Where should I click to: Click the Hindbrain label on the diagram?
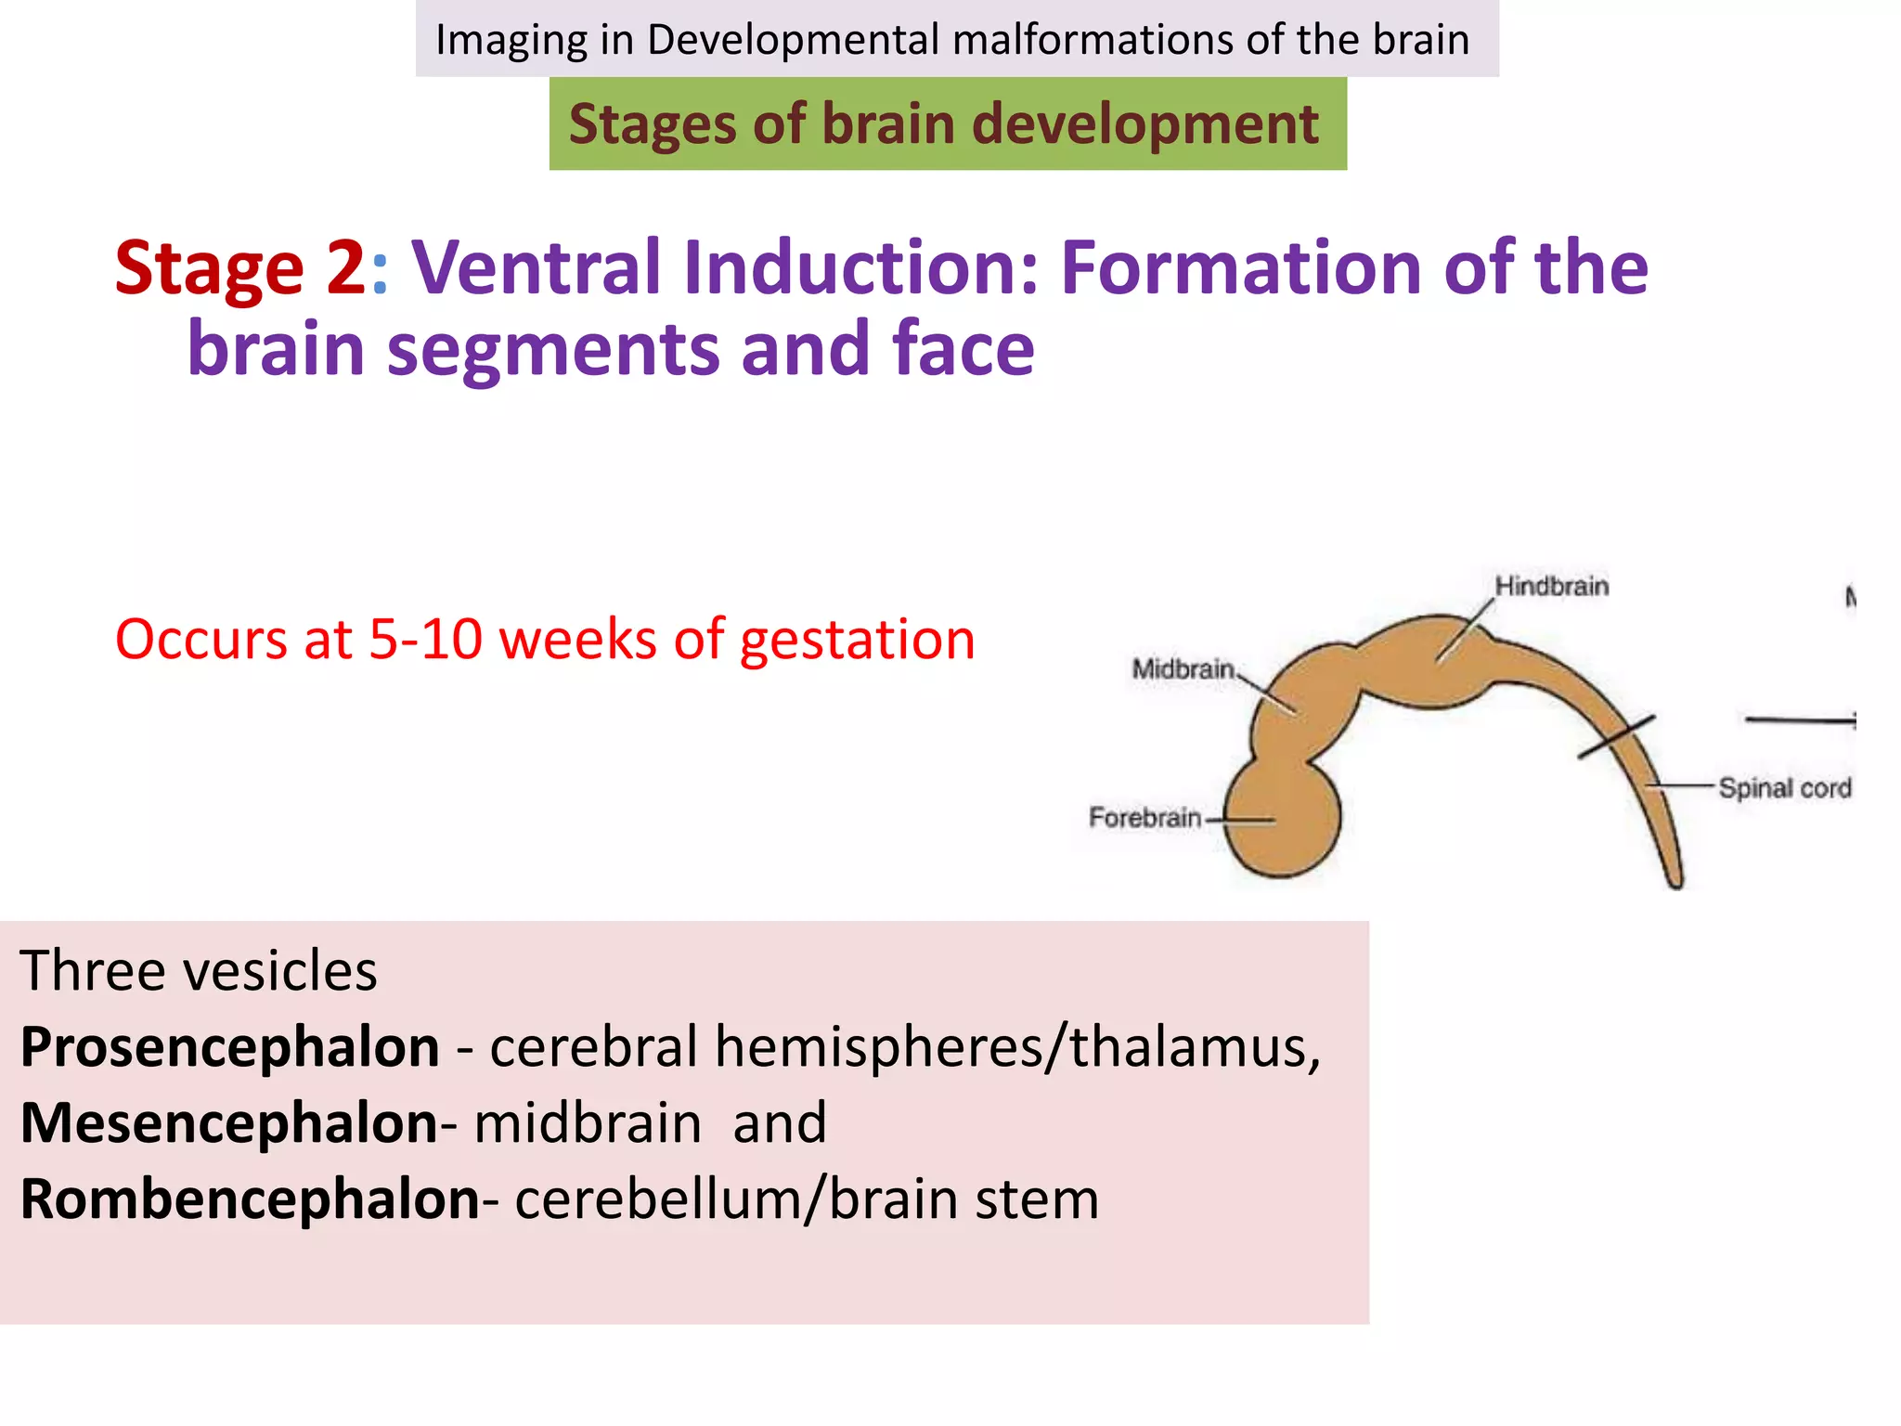(1551, 587)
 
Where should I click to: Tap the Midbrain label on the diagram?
(1183, 668)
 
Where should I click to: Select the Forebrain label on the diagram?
(1144, 818)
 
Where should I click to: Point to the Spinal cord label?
(1784, 788)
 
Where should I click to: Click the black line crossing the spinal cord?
(1616, 737)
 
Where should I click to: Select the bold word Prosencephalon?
(230, 1047)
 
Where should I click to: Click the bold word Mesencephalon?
(229, 1123)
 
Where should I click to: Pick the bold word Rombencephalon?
(250, 1199)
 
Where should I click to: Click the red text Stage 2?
(240, 268)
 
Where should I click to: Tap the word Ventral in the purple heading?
(536, 268)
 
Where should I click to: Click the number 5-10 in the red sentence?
(425, 640)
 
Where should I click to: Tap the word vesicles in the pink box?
(280, 971)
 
